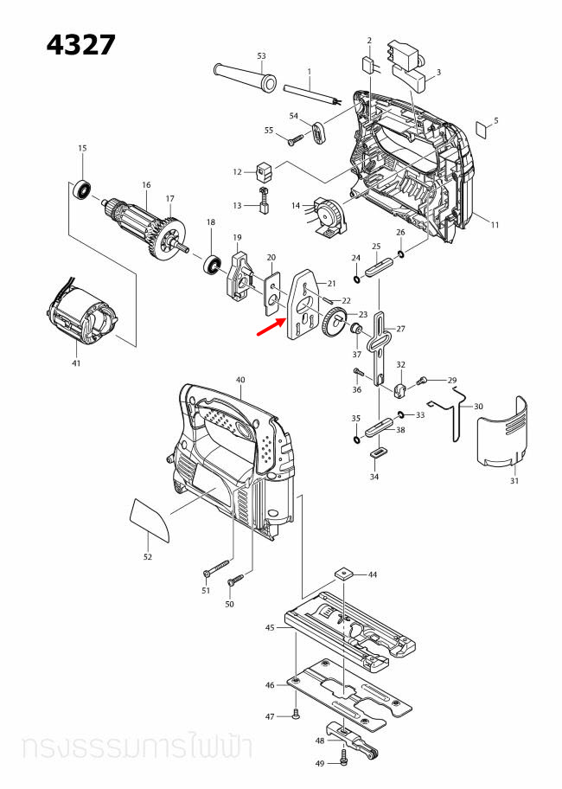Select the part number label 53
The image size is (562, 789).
pyautogui.click(x=261, y=56)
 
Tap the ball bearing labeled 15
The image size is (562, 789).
pyautogui.click(x=84, y=187)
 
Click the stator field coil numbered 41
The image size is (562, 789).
pyautogui.click(x=77, y=320)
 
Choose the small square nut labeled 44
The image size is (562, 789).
pyautogui.click(x=345, y=573)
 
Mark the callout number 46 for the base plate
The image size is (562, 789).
pyautogui.click(x=270, y=685)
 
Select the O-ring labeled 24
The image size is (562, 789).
pyautogui.click(x=356, y=279)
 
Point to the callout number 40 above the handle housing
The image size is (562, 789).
pyautogui.click(x=240, y=380)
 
